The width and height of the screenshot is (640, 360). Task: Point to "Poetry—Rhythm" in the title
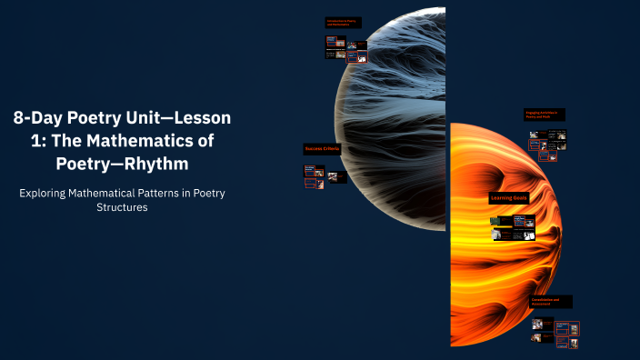pyautogui.click(x=122, y=164)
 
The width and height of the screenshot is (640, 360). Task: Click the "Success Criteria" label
pyautogui.click(x=322, y=149)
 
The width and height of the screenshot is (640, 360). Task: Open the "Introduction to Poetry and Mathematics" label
pyautogui.click(x=346, y=23)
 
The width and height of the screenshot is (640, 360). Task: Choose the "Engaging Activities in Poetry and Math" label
pyautogui.click(x=545, y=115)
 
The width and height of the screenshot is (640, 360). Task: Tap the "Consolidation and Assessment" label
pyautogui.click(x=551, y=301)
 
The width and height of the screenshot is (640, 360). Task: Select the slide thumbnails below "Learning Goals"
pyautogui.click(x=513, y=227)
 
